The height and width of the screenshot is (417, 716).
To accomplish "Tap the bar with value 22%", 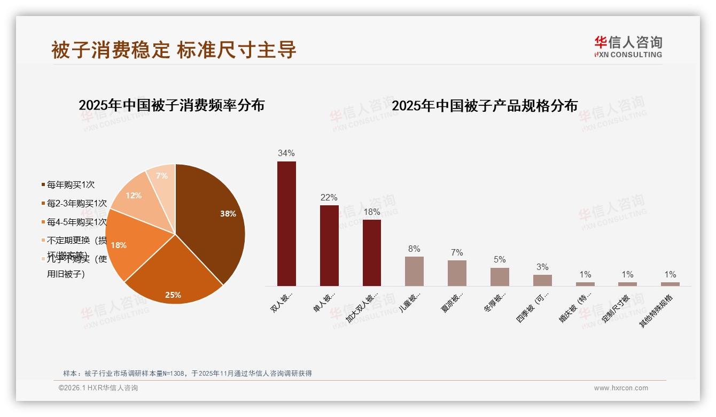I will coord(329,245).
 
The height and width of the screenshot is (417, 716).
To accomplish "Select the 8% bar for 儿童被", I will coord(414,271).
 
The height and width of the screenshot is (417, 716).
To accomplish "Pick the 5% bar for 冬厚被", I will coord(500,276).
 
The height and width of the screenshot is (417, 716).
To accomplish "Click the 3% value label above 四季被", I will coord(542,267).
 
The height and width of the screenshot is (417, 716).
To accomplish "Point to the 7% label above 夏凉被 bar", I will coord(457,253).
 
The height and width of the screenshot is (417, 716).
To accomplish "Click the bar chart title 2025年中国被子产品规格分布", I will coord(485,105).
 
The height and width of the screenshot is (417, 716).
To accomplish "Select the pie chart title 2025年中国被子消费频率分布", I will coord(172,105).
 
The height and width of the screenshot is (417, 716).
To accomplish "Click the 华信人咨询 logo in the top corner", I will coord(628,47).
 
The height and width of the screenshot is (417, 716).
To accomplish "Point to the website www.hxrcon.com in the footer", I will coord(621,388).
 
